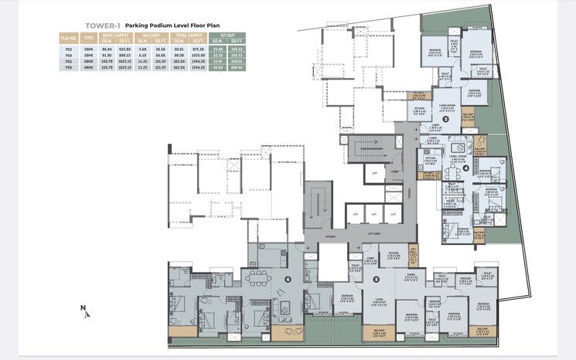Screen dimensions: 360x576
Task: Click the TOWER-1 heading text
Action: click(x=80, y=24)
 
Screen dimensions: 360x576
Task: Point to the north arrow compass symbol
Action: click(x=84, y=311)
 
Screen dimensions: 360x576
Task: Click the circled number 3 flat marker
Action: click(x=445, y=119)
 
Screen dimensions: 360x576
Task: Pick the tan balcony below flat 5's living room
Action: click(x=377, y=332)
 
